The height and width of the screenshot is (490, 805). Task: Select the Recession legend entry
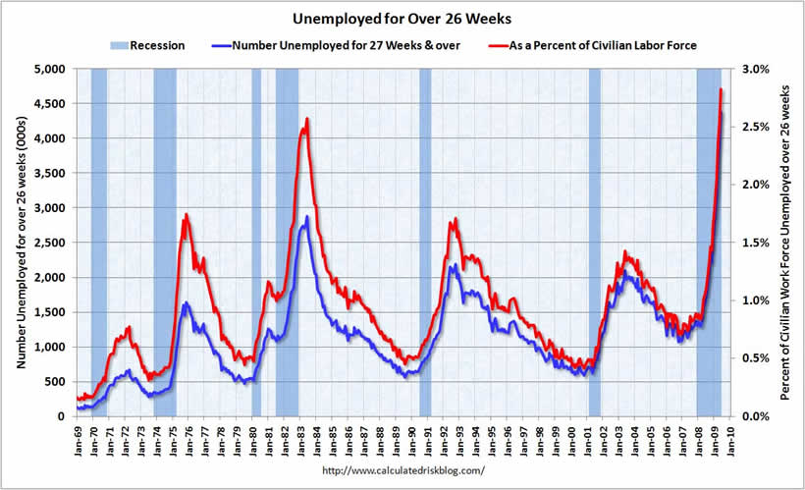tap(147, 45)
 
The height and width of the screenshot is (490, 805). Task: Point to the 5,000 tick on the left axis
tap(47, 69)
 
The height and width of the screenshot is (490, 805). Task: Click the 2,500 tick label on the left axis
tap(47, 243)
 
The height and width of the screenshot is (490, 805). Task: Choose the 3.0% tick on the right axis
tap(745, 69)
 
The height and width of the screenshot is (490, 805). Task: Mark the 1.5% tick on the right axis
tap(745, 243)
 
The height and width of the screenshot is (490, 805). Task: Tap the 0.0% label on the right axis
tap(745, 416)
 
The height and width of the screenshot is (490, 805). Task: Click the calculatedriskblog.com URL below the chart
tap(403, 471)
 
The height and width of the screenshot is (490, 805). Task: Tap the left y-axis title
tap(17, 243)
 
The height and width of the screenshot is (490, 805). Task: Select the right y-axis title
tap(786, 243)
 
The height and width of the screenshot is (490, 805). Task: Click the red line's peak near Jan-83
tap(307, 119)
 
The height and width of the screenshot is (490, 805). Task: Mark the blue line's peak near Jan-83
tap(306, 217)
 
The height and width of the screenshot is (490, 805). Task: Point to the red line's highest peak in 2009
tap(722, 89)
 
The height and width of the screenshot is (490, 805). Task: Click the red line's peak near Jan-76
tap(187, 214)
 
